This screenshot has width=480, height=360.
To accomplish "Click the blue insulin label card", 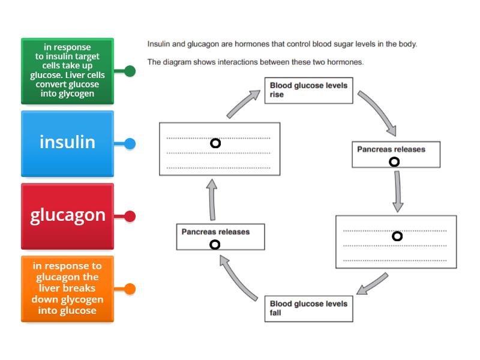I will [x=67, y=143].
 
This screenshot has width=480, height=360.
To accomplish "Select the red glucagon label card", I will [x=67, y=215].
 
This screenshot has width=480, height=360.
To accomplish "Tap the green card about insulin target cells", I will [x=67, y=71].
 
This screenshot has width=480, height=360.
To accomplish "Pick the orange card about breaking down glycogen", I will [x=67, y=289].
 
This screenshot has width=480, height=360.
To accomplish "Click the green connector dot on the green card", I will [x=130, y=71].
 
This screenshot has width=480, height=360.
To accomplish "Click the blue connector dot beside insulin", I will [x=130, y=143].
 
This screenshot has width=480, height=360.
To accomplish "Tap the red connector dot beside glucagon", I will [x=130, y=216].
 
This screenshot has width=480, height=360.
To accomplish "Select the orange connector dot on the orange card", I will [x=130, y=289].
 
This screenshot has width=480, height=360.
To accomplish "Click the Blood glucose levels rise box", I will [x=308, y=91].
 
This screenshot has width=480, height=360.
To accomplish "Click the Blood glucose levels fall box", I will [x=308, y=308].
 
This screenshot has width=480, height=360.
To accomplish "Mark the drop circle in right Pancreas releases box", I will [x=394, y=161].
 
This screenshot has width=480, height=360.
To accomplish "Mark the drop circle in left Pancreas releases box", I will [x=215, y=244].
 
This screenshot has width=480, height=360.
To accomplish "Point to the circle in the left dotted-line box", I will [x=215, y=143].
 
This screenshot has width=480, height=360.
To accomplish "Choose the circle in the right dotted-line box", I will [x=397, y=236].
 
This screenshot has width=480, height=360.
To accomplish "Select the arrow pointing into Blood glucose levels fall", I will [x=373, y=284].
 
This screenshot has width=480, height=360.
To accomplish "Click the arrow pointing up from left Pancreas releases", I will [x=212, y=202].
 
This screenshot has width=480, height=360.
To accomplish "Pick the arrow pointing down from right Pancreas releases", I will [x=397, y=191].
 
